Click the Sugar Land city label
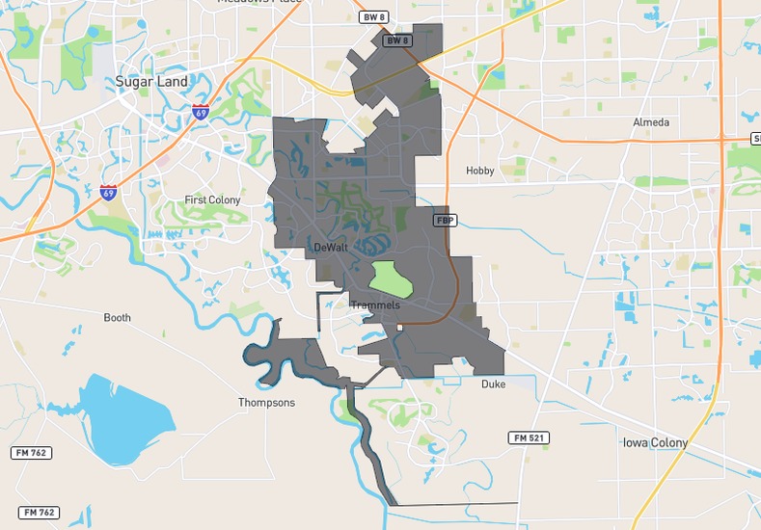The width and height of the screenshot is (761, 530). coord(151,82)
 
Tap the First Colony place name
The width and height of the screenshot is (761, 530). coord(212,200)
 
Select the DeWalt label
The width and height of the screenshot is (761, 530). coord(331,248)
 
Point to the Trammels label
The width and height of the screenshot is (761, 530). coord(375,305)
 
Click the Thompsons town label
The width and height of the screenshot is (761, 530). coord(266,402)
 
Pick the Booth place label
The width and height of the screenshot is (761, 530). coord(117,317)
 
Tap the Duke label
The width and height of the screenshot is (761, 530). coord(493,384)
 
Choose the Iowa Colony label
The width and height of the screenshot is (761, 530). coord(655,442)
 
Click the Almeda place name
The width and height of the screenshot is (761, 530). coord(651,122)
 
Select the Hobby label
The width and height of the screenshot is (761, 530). coord(479,171)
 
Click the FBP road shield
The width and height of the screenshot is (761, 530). coord(444,220)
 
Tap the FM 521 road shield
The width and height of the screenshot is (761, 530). coord(529,437)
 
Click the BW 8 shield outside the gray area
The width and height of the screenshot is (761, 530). coord(372,16)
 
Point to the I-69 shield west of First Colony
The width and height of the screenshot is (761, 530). coord(108,193)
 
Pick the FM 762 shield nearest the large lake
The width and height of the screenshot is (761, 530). coord(32,453)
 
